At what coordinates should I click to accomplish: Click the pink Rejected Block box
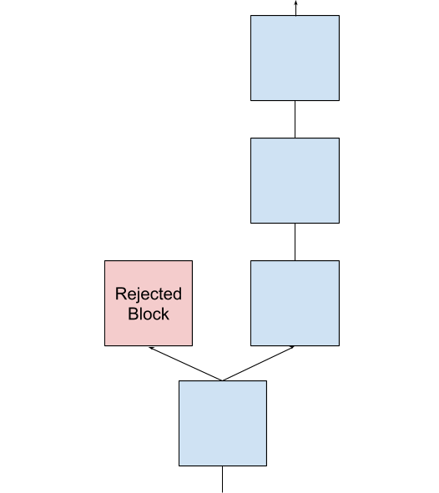click(x=149, y=303)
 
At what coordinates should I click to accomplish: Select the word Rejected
click(x=149, y=294)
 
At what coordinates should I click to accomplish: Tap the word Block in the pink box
click(x=149, y=314)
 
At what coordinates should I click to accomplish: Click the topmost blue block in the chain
click(x=295, y=58)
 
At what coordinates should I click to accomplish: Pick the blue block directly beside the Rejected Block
click(x=295, y=303)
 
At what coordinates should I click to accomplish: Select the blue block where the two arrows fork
click(x=223, y=423)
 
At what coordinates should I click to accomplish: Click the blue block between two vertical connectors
click(x=295, y=180)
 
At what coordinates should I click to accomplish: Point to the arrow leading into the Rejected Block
click(x=185, y=364)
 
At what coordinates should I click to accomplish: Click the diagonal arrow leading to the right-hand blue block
click(x=259, y=364)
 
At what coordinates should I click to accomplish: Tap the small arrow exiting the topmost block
click(x=295, y=8)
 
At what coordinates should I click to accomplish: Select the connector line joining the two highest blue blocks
click(x=295, y=119)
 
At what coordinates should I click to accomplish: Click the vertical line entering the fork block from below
click(x=222, y=479)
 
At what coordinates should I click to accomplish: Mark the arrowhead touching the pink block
click(x=151, y=348)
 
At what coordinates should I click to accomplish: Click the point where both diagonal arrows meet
click(x=223, y=380)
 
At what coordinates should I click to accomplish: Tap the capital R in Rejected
click(x=121, y=294)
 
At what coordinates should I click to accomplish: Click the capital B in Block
click(x=133, y=314)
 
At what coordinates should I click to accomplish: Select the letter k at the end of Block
click(x=165, y=314)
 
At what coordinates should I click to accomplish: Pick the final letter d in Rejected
click(x=177, y=294)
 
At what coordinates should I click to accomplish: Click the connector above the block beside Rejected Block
click(x=295, y=242)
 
